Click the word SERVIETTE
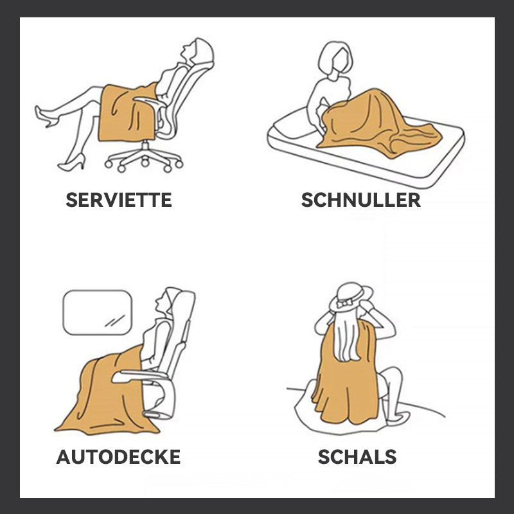(x=119, y=200)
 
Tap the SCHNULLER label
(x=361, y=200)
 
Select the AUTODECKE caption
(x=118, y=457)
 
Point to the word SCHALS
(x=357, y=457)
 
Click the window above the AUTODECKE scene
(x=98, y=312)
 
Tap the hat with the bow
(x=351, y=297)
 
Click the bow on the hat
(x=344, y=303)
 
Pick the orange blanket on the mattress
(x=377, y=125)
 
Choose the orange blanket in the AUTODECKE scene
(x=105, y=393)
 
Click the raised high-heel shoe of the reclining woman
(x=46, y=116)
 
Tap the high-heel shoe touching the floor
(x=72, y=163)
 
